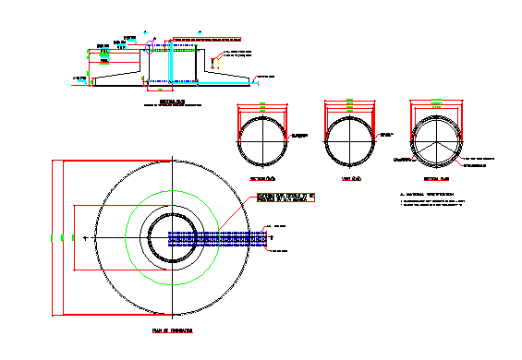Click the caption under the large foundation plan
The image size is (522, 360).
point(173,329)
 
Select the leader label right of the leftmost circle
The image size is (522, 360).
point(297,136)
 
